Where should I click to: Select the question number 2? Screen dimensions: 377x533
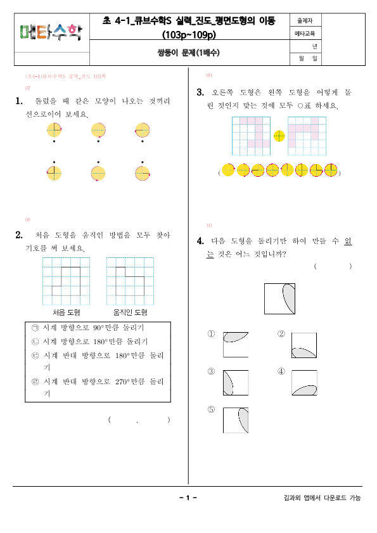[x=19, y=235]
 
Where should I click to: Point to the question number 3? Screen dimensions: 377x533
[x=200, y=92]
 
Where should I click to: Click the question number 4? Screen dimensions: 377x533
[x=200, y=241]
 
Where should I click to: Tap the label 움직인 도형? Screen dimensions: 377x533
[x=130, y=312]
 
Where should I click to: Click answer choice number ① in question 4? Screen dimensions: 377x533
[x=212, y=334]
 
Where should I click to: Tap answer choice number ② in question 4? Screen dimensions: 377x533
[x=281, y=334]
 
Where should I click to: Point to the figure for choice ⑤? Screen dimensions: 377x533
[x=235, y=420]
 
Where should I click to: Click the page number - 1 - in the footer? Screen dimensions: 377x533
[x=188, y=498]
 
